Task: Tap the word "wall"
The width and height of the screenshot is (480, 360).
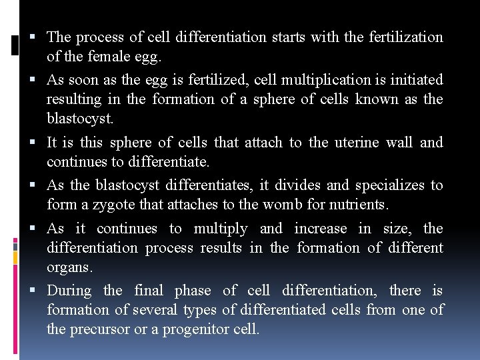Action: coord(400,142)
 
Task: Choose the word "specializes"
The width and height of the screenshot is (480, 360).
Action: coord(389,185)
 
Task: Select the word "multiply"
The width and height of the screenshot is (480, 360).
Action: coord(220,229)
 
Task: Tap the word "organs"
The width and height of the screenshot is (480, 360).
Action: coord(69,267)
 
